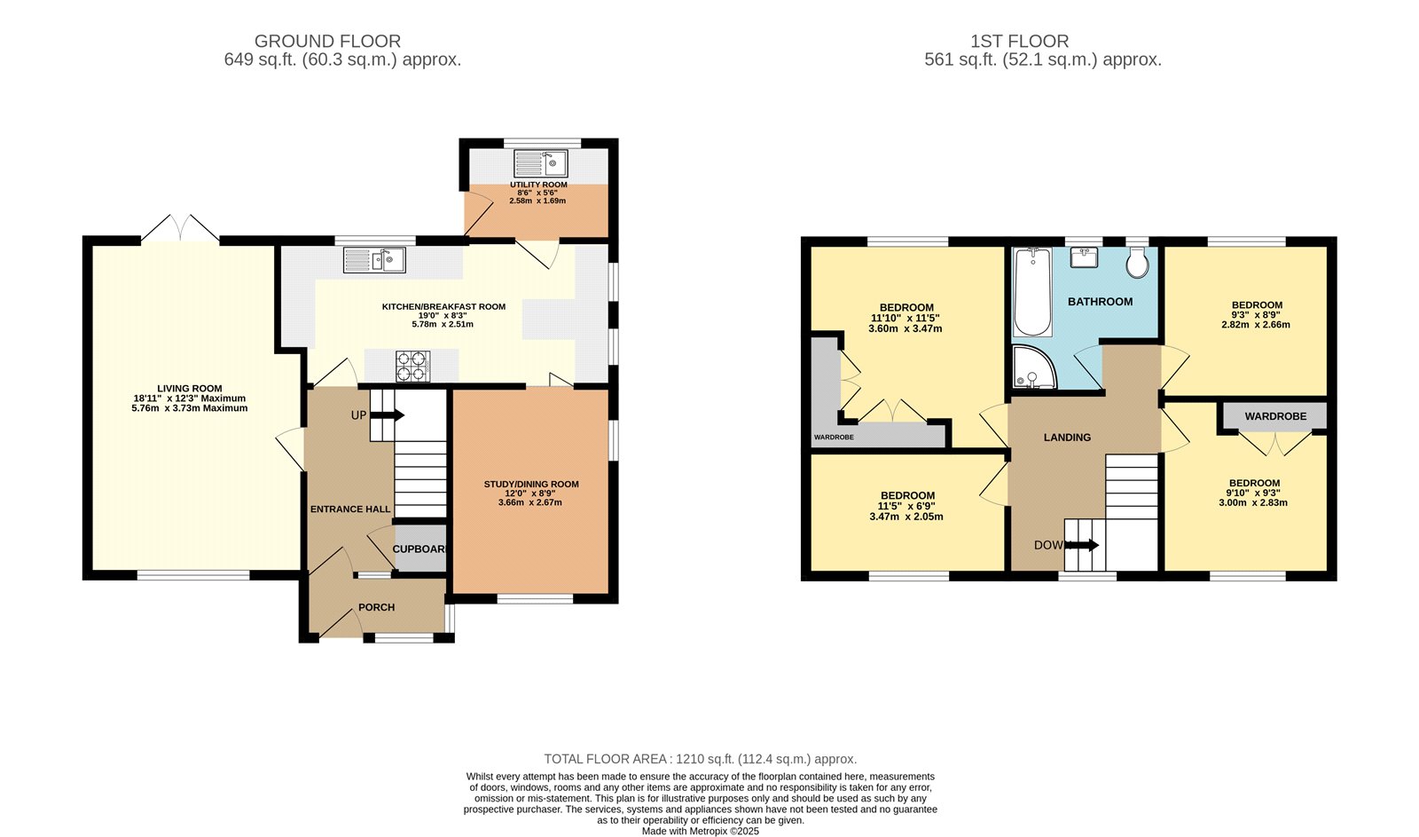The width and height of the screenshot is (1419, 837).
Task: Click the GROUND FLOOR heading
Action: (327, 41)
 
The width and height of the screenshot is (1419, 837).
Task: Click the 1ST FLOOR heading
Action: (1019, 41)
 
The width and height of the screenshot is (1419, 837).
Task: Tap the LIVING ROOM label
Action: (190, 388)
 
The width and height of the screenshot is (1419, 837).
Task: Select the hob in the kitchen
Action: (412, 366)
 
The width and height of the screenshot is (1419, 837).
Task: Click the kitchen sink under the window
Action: (375, 259)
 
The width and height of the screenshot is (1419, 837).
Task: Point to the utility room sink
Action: (541, 163)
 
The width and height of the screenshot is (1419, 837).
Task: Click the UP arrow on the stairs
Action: (391, 415)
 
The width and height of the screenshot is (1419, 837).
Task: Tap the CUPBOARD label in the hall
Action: (419, 549)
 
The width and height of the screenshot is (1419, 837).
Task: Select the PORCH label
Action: (376, 607)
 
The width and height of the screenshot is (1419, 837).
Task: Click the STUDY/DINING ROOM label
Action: (531, 484)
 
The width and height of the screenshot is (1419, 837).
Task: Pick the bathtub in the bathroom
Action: (1032, 292)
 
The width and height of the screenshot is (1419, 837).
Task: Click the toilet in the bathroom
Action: (1137, 263)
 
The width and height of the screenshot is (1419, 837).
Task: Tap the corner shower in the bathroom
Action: (1032, 368)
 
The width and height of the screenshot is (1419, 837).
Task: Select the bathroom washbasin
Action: (1084, 257)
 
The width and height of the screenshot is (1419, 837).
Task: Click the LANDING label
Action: (1067, 437)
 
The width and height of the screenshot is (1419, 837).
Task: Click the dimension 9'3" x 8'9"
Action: (1257, 315)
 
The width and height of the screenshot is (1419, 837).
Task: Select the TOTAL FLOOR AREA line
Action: (700, 759)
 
